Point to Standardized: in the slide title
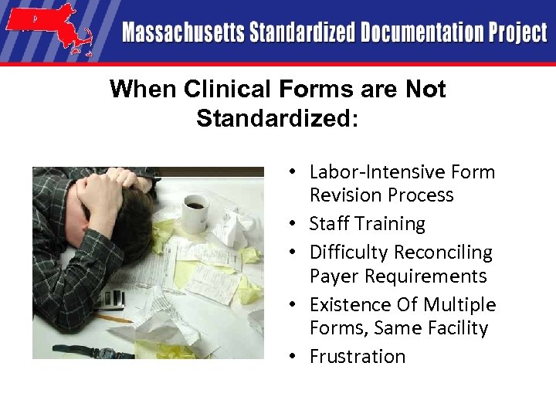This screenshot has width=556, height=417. point(277,119)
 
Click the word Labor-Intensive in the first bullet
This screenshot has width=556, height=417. point(369,172)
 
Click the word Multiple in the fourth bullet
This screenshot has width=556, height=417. point(462,304)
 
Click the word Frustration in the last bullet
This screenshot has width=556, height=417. point(358,357)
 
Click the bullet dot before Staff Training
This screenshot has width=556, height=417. point(297,225)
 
